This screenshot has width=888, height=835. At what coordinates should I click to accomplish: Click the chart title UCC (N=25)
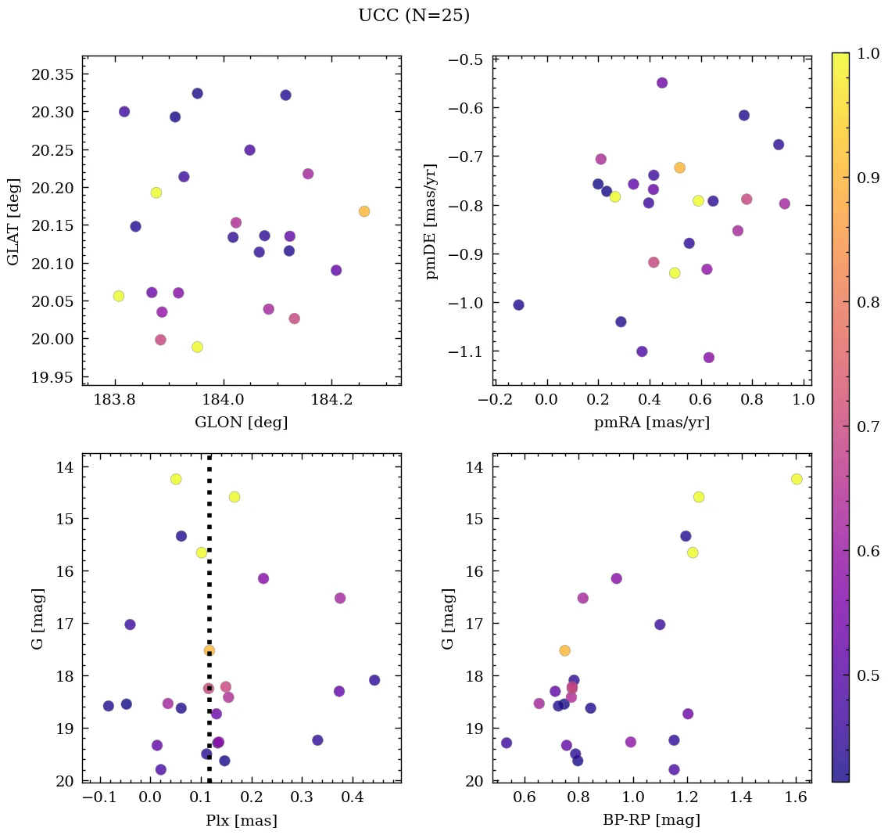(414, 16)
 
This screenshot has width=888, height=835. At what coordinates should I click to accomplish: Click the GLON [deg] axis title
(241, 423)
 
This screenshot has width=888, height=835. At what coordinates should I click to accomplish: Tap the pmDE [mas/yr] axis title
(431, 221)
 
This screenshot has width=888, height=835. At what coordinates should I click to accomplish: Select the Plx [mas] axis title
(241, 820)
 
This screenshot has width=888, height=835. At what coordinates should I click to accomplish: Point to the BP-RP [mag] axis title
(651, 820)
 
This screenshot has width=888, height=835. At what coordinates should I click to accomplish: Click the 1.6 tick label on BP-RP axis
(795, 800)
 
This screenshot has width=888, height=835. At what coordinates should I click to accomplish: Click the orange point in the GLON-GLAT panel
(364, 211)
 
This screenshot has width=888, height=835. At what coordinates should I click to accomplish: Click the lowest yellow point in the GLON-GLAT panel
(197, 347)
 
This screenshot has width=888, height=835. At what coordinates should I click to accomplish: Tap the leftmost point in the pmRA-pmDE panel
(518, 304)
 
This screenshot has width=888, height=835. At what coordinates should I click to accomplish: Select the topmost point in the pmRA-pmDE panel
(662, 83)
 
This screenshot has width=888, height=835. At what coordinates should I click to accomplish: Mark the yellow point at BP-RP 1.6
(797, 479)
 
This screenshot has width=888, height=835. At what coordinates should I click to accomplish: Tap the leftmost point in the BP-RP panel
(507, 743)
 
